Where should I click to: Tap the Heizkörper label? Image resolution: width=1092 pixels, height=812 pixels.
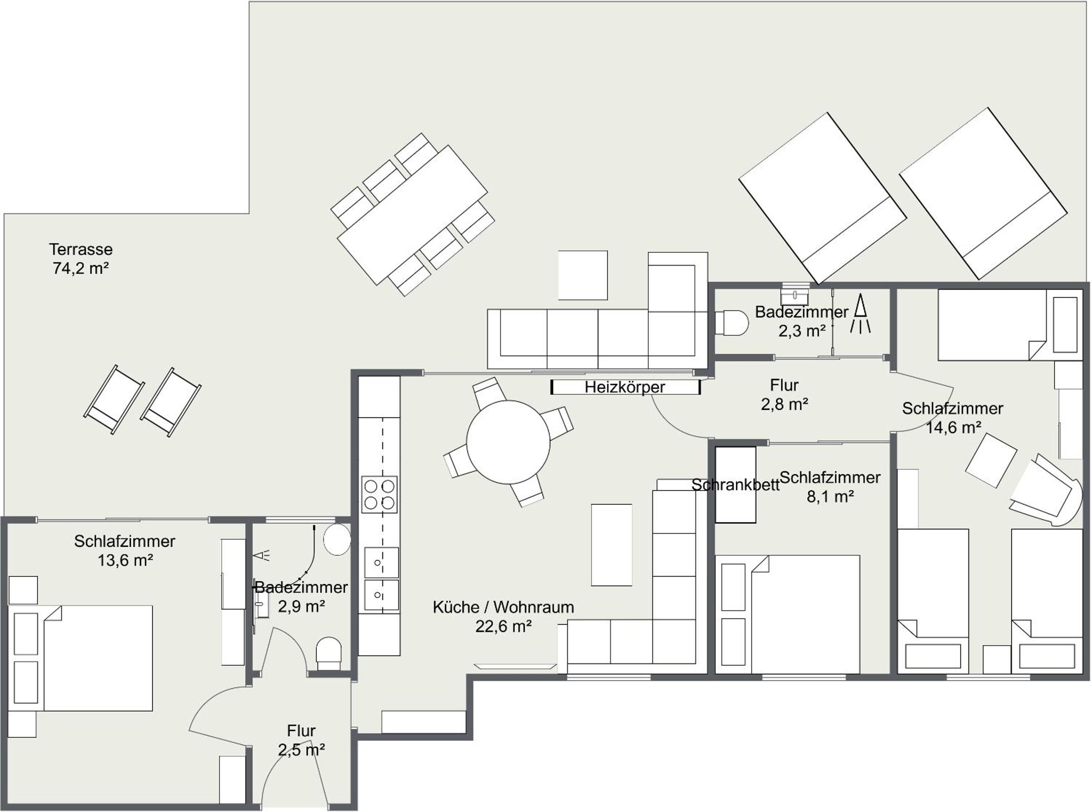(x=624, y=387)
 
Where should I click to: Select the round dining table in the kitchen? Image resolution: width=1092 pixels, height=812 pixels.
(x=508, y=442)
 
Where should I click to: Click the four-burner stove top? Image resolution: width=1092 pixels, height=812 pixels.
(x=379, y=495)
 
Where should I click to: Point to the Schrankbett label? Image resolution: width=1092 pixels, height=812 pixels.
(x=735, y=485)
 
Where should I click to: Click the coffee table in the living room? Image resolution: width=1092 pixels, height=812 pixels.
(x=611, y=545)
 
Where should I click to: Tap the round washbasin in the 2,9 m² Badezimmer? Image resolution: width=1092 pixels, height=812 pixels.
(x=337, y=539)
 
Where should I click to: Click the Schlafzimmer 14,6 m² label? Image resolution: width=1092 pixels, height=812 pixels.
(x=952, y=418)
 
